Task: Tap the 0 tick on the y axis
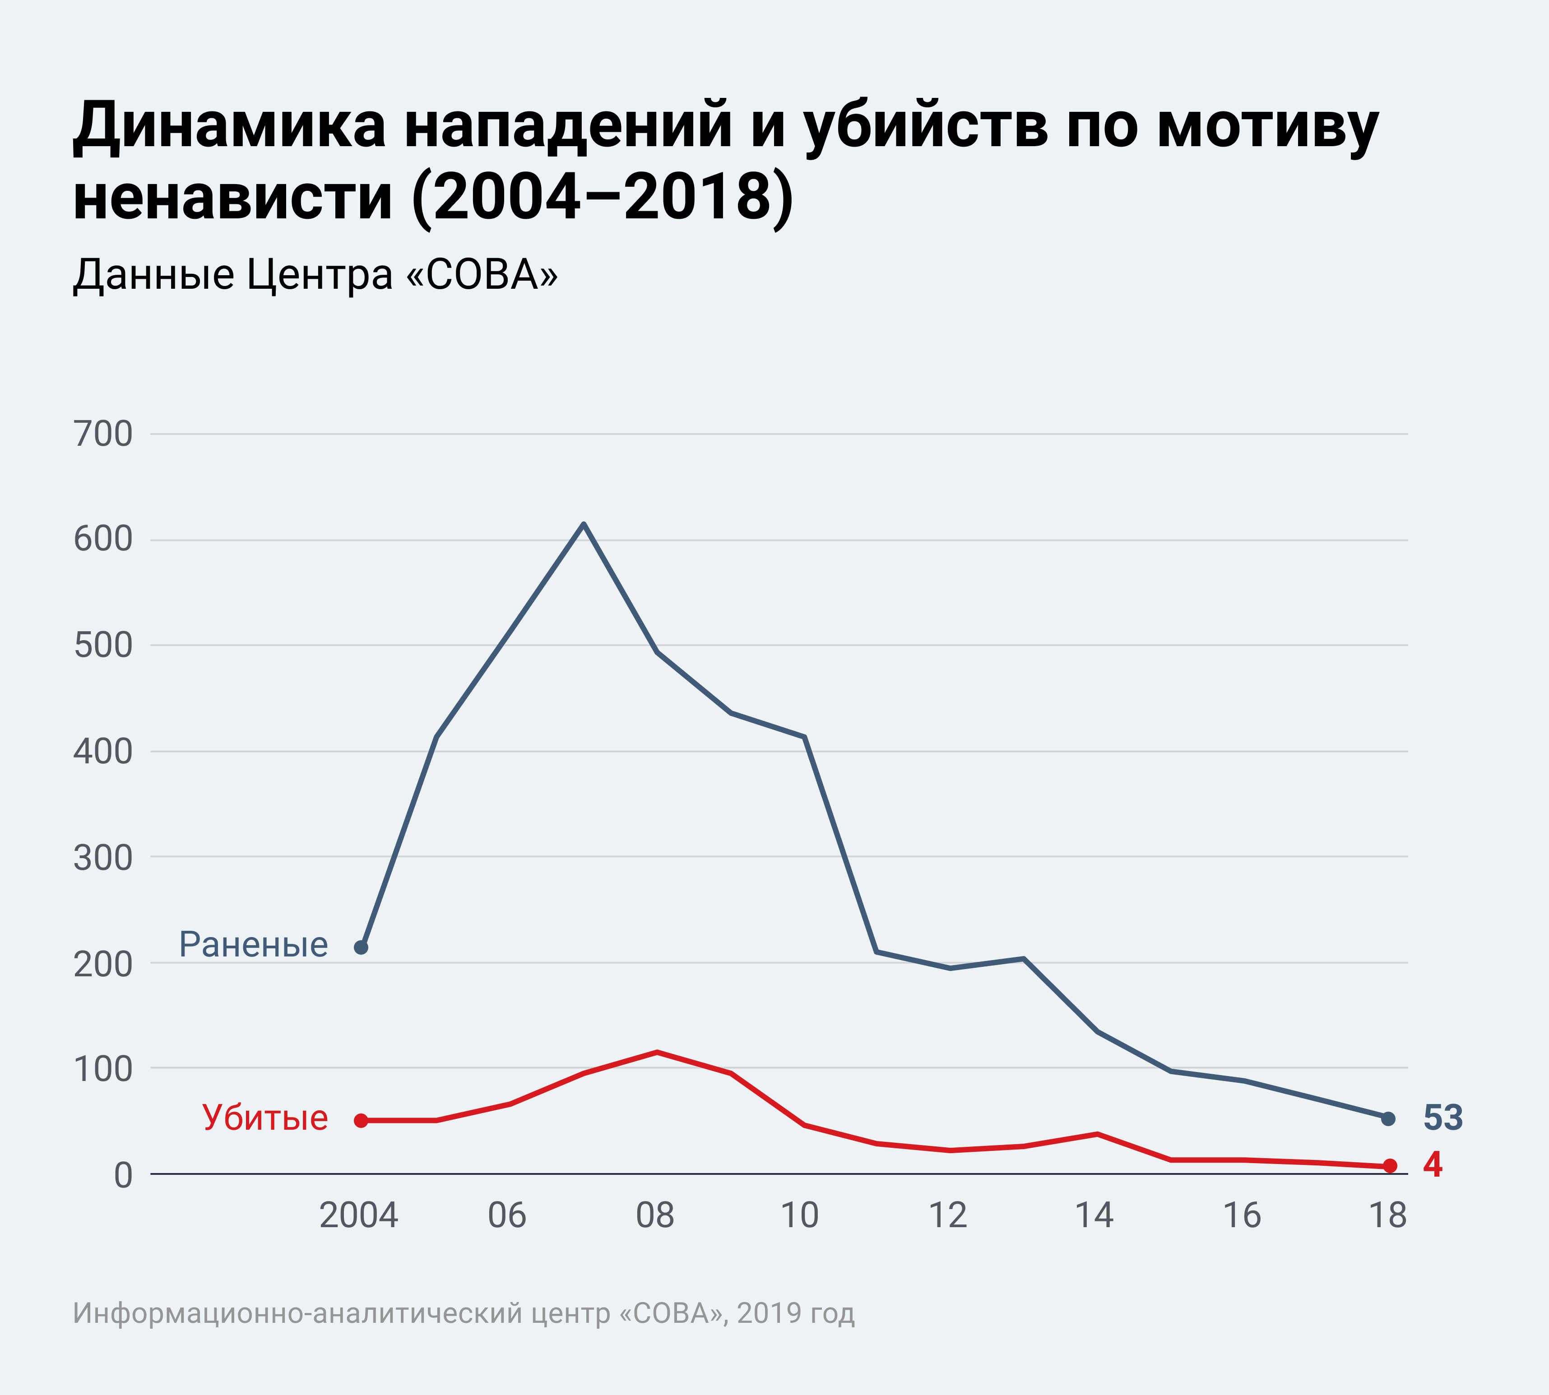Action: pos(123,1175)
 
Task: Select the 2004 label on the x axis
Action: pos(358,1215)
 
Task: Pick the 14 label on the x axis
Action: pos(1094,1215)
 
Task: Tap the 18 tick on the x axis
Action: pos(1388,1215)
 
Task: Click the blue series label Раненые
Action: pos(253,945)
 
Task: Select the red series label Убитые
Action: pos(265,1118)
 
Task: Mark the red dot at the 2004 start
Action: pos(361,1121)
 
